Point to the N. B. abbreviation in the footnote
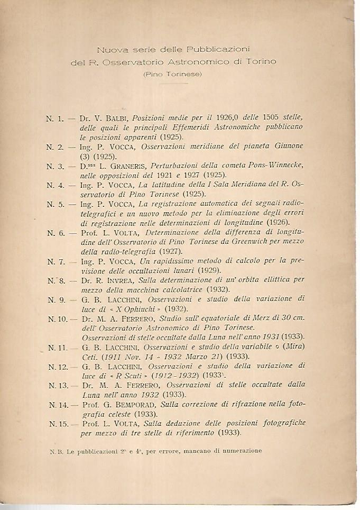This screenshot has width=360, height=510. (55, 451)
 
